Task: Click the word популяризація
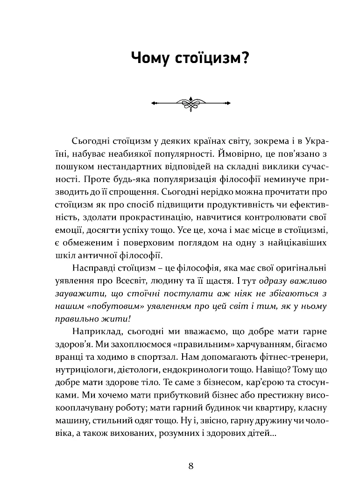click(x=157, y=179)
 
